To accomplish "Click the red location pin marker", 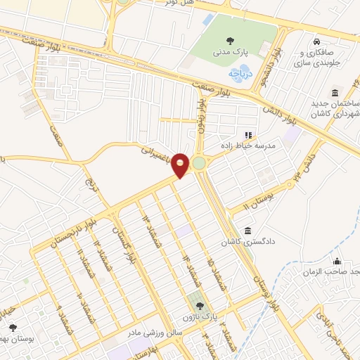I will [x=181, y=165].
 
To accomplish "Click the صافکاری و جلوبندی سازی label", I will [x=324, y=58].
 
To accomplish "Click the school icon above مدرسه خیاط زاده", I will [x=247, y=134].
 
